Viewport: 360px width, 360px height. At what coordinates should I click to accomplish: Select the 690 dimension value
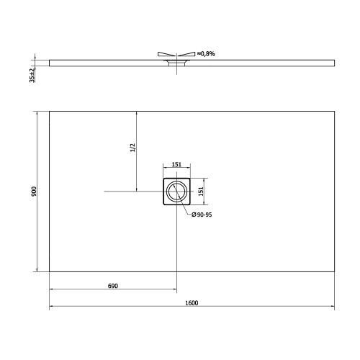tap(112, 286)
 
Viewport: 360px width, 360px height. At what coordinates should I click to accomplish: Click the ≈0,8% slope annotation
tap(207, 53)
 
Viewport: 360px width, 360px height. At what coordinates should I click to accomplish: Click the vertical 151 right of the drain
tap(202, 191)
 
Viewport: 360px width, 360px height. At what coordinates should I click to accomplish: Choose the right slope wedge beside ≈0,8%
tap(187, 54)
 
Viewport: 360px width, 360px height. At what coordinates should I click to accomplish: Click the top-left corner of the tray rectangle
tap(50, 111)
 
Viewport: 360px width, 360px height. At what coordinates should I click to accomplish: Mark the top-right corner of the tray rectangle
tap(334, 111)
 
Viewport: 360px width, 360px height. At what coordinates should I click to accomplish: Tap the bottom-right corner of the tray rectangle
tap(334, 272)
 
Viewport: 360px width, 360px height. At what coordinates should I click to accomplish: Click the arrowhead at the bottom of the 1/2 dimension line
tap(136, 189)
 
